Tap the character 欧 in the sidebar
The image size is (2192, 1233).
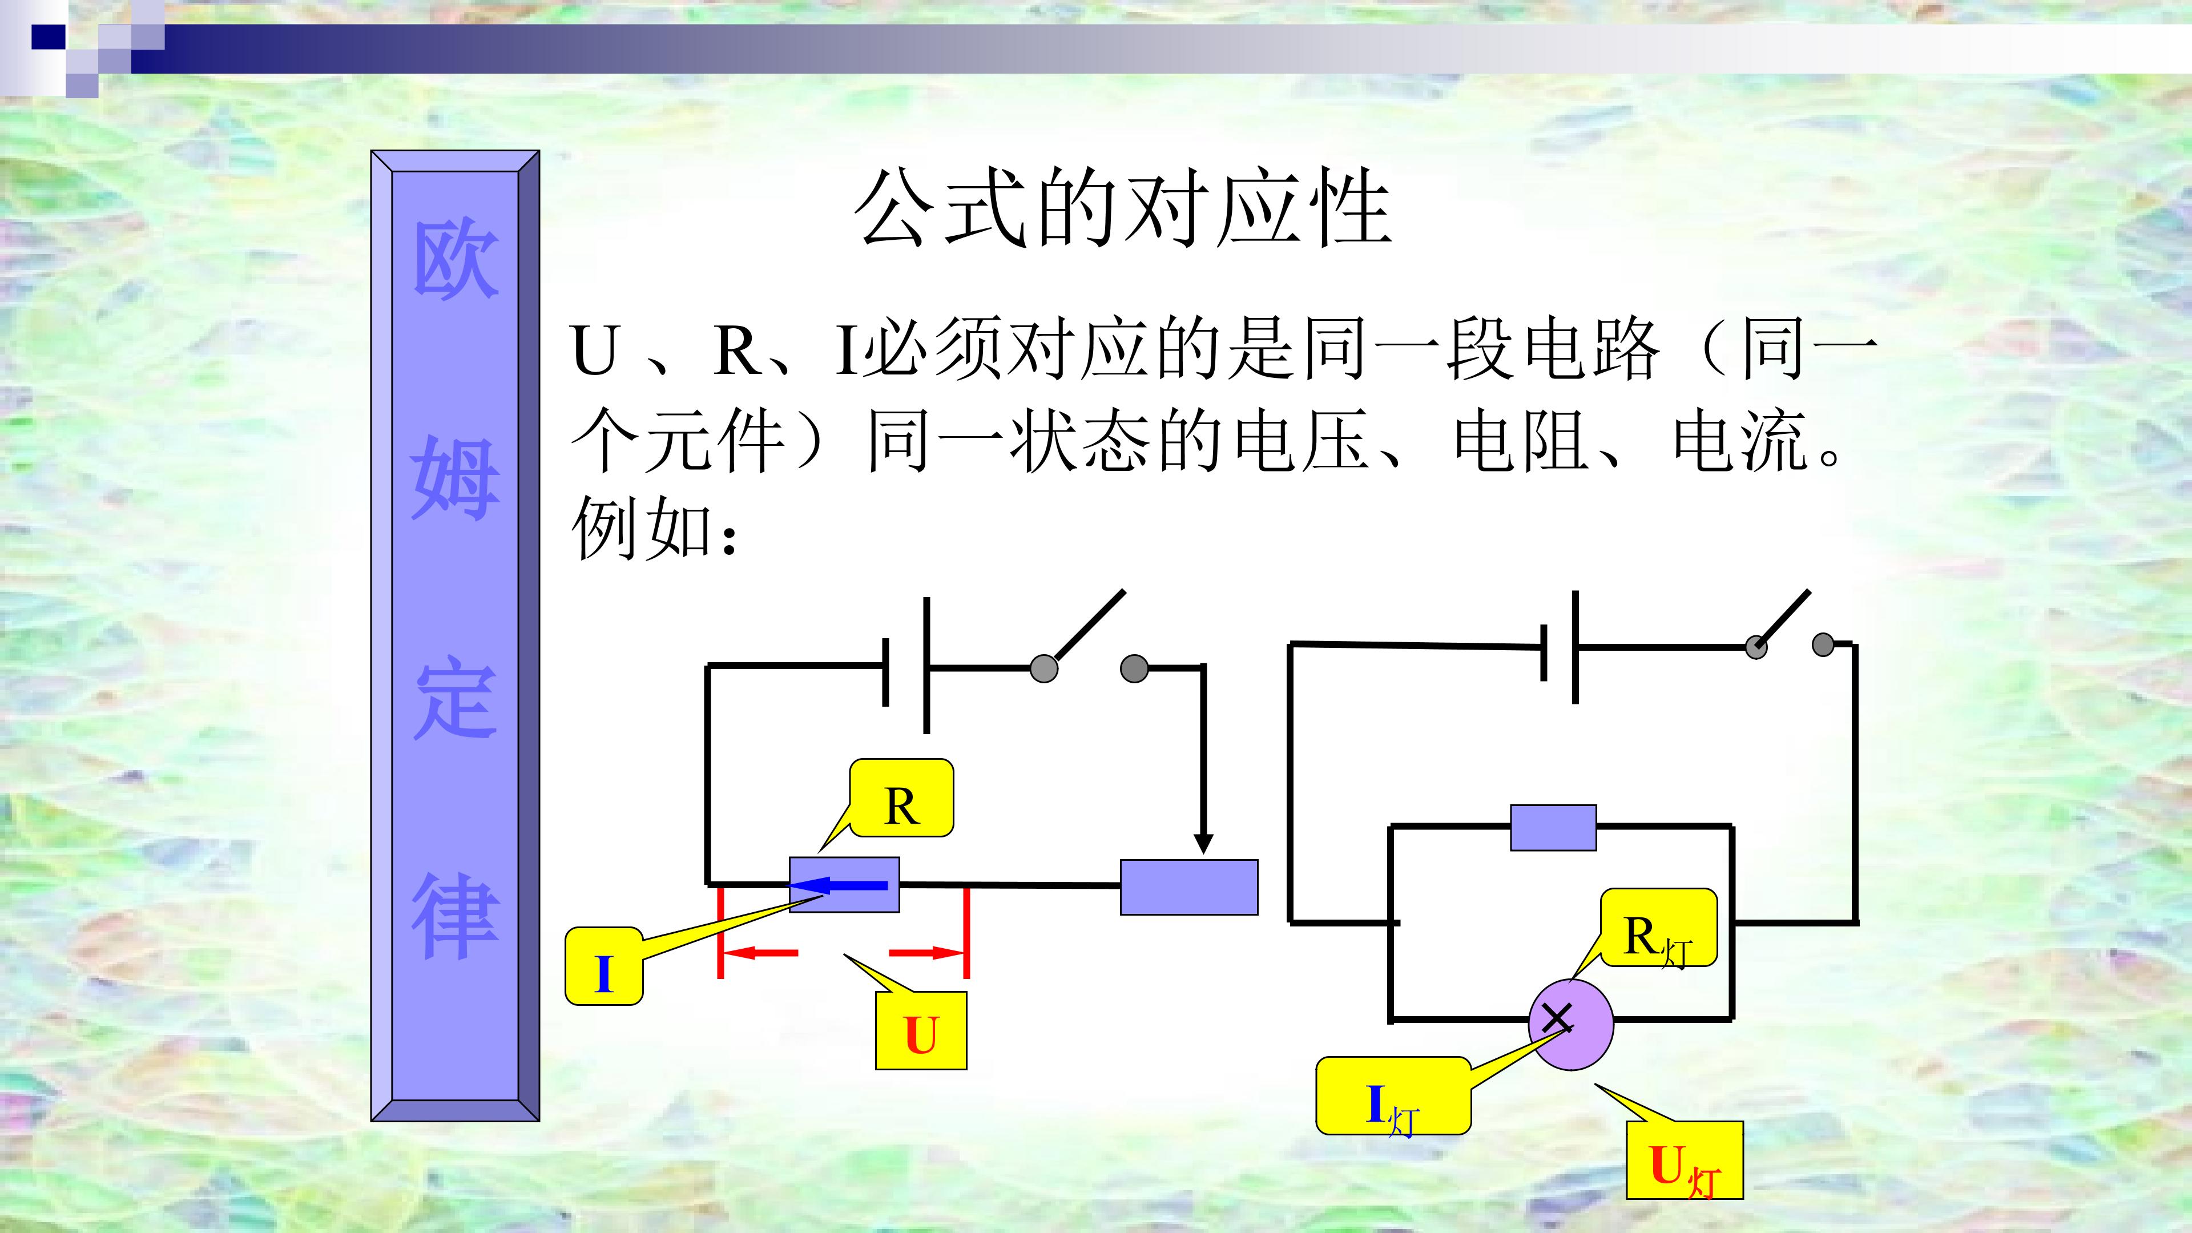pos(456,260)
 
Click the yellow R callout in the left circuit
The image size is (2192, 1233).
pos(902,798)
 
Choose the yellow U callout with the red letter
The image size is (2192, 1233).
pos(921,1030)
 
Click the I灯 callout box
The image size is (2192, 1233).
pos(1393,1096)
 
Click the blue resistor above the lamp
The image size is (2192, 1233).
pos(1553,828)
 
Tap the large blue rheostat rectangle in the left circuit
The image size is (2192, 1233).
pos(1188,888)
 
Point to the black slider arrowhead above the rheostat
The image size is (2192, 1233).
pos(1202,843)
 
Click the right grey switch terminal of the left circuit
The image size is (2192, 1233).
pos(1134,669)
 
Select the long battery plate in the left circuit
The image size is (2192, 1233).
pos(926,664)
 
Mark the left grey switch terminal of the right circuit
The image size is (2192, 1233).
pos(1755,647)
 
